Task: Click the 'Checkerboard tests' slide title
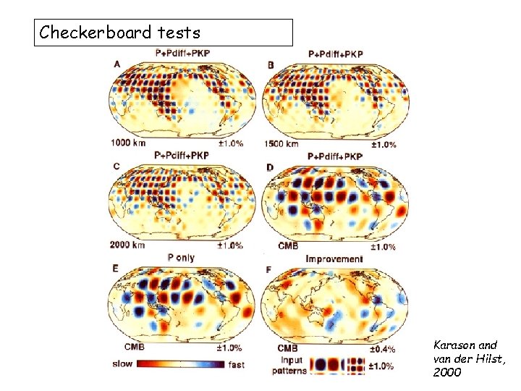tap(120, 33)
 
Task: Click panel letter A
tap(117, 64)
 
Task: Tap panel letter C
tap(117, 167)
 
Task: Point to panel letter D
tap(270, 168)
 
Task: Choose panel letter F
tap(270, 270)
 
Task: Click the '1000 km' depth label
tap(127, 143)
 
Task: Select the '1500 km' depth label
tap(281, 144)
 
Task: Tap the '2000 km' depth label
tap(127, 245)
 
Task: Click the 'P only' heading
tap(181, 257)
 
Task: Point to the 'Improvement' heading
tap(334, 258)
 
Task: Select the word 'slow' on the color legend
tap(122, 363)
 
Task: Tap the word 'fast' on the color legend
tap(236, 364)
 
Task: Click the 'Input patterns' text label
tap(289, 366)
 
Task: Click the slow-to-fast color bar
tap(179, 363)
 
